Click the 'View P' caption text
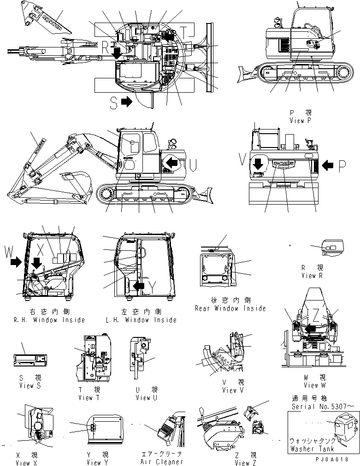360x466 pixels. [297, 121]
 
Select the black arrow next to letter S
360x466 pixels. [127, 102]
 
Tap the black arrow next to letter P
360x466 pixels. [329, 165]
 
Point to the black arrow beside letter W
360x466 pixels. [16, 263]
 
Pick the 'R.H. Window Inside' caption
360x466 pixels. [53, 320]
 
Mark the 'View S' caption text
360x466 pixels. [30, 385]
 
